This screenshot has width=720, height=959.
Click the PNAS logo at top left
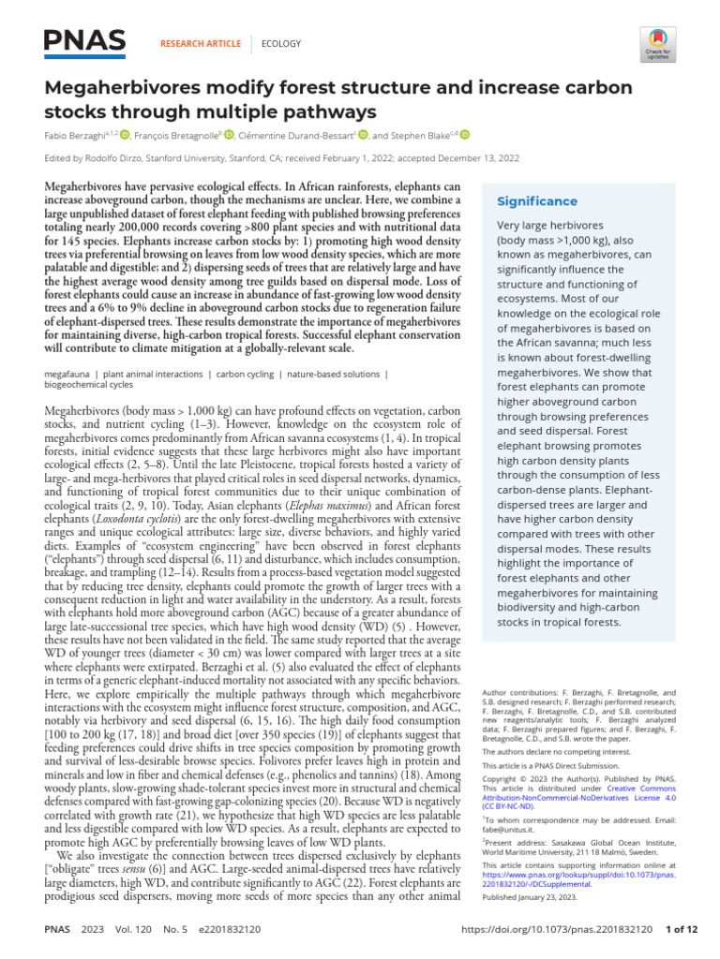[84, 41]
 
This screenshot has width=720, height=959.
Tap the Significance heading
[537, 201]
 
